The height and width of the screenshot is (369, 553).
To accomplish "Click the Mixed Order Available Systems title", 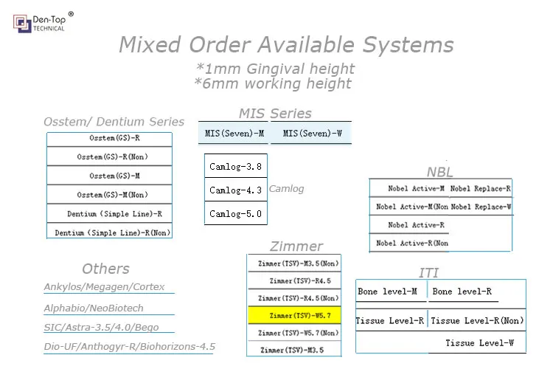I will [286, 45].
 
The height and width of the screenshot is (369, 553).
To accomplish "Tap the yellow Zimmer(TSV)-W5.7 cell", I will [294, 316].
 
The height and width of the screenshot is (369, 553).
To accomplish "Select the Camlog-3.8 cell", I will [235, 166].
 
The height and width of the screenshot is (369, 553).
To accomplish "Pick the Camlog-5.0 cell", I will [235, 213].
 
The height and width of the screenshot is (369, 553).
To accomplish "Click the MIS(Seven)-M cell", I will [234, 134].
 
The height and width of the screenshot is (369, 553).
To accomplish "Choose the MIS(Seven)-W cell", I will [312, 134].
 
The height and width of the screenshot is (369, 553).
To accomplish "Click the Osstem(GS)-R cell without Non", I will [109, 138].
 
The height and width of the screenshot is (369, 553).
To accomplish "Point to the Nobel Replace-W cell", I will [481, 207].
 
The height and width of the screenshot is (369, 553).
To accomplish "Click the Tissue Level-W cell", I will [479, 343].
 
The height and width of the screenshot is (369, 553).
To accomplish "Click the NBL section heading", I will [440, 172].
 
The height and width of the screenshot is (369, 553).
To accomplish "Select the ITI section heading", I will [428, 273].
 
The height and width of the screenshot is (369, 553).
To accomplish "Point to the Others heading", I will [105, 269].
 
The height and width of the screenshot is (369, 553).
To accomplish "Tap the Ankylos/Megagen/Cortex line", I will [104, 287].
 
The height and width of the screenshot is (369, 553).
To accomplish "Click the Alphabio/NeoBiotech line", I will [94, 308].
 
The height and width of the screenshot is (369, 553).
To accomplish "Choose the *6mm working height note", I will [273, 83].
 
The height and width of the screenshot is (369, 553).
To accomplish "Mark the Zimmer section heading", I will [296, 246].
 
